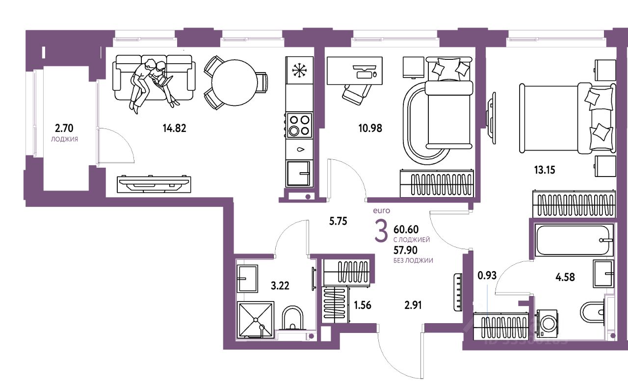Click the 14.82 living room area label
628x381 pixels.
(175, 129)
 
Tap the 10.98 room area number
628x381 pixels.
(370, 128)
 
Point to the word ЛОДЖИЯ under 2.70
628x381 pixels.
(64, 139)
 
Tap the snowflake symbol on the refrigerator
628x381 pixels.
(298, 70)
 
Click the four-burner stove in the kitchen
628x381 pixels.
(299, 125)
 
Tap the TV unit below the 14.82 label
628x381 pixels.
(154, 183)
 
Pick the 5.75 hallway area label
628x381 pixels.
(338, 221)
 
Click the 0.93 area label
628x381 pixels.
(487, 275)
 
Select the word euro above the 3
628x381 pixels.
(381, 211)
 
